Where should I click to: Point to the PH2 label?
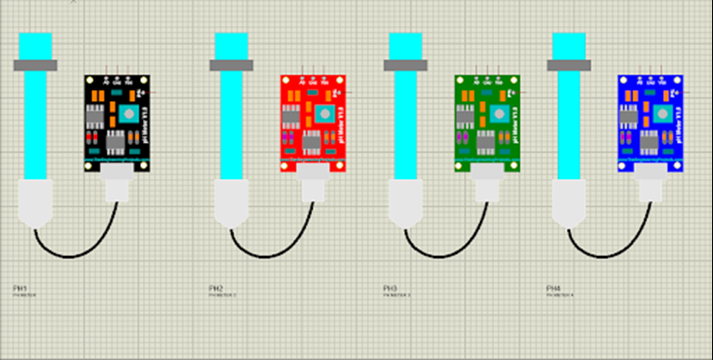[216, 289]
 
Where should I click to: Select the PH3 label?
[390, 289]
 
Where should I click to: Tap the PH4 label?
[553, 289]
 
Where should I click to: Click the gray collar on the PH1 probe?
[34, 65]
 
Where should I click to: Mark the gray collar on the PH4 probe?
[569, 65]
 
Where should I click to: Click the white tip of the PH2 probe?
[231, 202]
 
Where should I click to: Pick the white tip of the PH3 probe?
[406, 202]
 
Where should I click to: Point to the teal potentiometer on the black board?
[127, 113]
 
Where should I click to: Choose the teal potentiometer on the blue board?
[662, 113]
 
